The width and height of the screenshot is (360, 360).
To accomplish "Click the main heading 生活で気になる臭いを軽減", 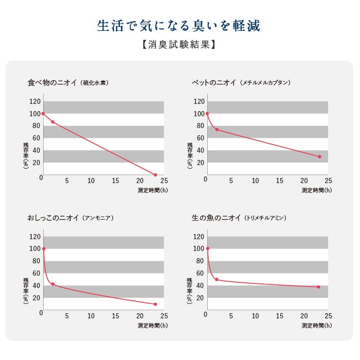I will tap(178, 26).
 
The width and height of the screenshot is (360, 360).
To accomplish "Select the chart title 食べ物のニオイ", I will tap(52, 82).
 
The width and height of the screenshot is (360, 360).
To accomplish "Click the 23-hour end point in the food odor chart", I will tap(155, 175).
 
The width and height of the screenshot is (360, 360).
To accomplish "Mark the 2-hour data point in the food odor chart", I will tap(52, 122).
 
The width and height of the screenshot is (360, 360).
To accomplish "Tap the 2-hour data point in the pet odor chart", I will tap(217, 130).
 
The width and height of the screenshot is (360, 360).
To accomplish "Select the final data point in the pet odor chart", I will tap(319, 157).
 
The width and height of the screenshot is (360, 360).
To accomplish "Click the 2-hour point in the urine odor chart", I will tap(52, 284).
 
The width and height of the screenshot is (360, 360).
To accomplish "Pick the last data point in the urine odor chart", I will tap(155, 304).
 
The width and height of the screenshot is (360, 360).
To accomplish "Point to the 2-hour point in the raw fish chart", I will tap(217, 279).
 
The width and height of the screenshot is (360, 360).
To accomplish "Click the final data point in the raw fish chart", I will tap(318, 287).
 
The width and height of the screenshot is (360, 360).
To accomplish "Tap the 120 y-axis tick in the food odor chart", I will tap(35, 101).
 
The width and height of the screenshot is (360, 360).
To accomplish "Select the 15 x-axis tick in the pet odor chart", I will tap(279, 181).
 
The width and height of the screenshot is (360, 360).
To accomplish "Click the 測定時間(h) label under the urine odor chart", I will tap(153, 326).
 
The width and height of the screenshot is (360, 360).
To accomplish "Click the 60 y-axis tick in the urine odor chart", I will tap(36, 273).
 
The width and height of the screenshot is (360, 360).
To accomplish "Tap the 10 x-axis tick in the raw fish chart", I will tap(255, 316).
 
